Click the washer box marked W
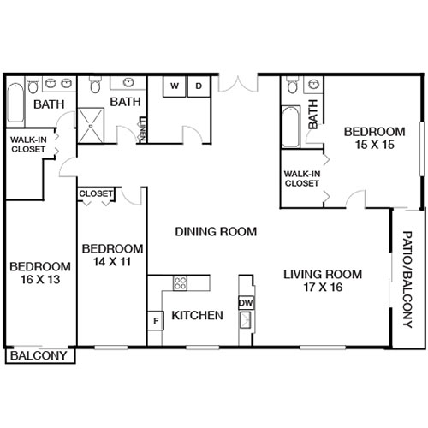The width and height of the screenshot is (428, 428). pyautogui.click(x=174, y=86)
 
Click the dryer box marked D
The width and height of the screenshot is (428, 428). pyautogui.click(x=197, y=86)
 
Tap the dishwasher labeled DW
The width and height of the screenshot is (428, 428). pyautogui.click(x=246, y=302)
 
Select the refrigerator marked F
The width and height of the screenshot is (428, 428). pyautogui.click(x=156, y=321)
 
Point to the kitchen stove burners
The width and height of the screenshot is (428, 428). pyautogui.click(x=181, y=284)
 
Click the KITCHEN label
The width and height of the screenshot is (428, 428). pyautogui.click(x=198, y=316)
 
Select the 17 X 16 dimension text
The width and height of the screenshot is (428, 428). pyautogui.click(x=323, y=288)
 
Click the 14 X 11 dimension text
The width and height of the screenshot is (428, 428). pyautogui.click(x=111, y=262)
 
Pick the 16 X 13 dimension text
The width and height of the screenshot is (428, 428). pyautogui.click(x=40, y=280)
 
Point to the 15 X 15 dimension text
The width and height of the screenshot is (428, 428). pyautogui.click(x=368, y=146)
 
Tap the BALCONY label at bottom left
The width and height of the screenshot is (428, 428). pyautogui.click(x=39, y=355)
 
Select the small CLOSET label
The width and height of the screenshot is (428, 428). pyautogui.click(x=96, y=194)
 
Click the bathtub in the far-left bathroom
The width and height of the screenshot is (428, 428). pyautogui.click(x=15, y=108)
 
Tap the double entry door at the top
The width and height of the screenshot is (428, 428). pyautogui.click(x=238, y=84)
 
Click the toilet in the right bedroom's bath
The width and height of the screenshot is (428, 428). pyautogui.click(x=294, y=86)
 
